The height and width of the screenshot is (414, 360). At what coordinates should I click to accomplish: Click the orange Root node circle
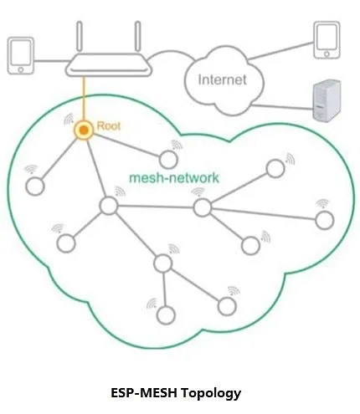click(84, 130)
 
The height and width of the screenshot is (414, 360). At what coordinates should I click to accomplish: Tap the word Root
click(109, 126)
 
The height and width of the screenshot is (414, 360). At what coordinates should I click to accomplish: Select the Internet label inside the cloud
click(223, 79)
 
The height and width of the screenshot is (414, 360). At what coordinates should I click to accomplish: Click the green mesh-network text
click(174, 178)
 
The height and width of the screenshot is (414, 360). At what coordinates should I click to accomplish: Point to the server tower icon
click(327, 101)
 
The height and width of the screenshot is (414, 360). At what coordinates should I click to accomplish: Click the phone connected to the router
click(20, 56)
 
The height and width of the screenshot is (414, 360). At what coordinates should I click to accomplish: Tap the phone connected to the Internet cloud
click(327, 40)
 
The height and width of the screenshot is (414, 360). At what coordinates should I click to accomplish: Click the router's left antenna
click(80, 36)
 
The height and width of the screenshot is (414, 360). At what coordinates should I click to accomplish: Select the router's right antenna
click(137, 36)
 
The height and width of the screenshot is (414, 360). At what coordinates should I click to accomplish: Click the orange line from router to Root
click(84, 99)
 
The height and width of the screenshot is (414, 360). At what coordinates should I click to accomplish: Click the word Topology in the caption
click(211, 393)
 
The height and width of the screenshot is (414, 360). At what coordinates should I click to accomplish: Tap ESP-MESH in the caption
click(144, 393)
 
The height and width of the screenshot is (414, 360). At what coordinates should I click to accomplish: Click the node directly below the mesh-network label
click(202, 207)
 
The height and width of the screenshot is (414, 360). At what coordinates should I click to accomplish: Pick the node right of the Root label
click(168, 160)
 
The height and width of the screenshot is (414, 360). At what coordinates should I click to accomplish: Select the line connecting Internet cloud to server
click(282, 107)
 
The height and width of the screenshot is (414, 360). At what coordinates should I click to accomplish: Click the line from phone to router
click(51, 61)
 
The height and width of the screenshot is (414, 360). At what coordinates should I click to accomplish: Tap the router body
click(109, 65)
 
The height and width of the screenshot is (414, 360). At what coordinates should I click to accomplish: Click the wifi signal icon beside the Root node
click(69, 119)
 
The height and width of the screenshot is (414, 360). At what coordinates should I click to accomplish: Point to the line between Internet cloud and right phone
click(280, 51)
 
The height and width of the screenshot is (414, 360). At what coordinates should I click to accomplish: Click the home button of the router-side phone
click(21, 69)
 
